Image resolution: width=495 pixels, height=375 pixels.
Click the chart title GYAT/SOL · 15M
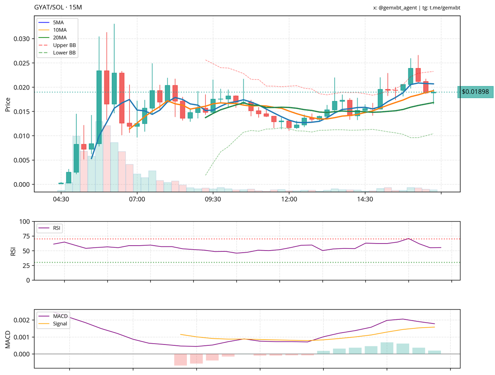(58, 8)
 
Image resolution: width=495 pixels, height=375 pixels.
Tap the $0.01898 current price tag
(475, 92)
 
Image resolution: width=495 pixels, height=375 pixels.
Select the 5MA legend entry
(59, 22)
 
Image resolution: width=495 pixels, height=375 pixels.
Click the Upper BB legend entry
(64, 45)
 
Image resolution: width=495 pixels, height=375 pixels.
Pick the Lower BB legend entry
(64, 53)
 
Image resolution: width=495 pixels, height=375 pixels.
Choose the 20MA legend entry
(60, 37)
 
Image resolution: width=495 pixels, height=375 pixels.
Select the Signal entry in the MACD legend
(60, 324)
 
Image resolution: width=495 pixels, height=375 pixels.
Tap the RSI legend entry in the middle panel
(56, 228)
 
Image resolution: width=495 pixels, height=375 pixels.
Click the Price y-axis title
(7, 104)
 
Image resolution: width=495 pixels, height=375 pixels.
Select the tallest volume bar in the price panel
(99, 157)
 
